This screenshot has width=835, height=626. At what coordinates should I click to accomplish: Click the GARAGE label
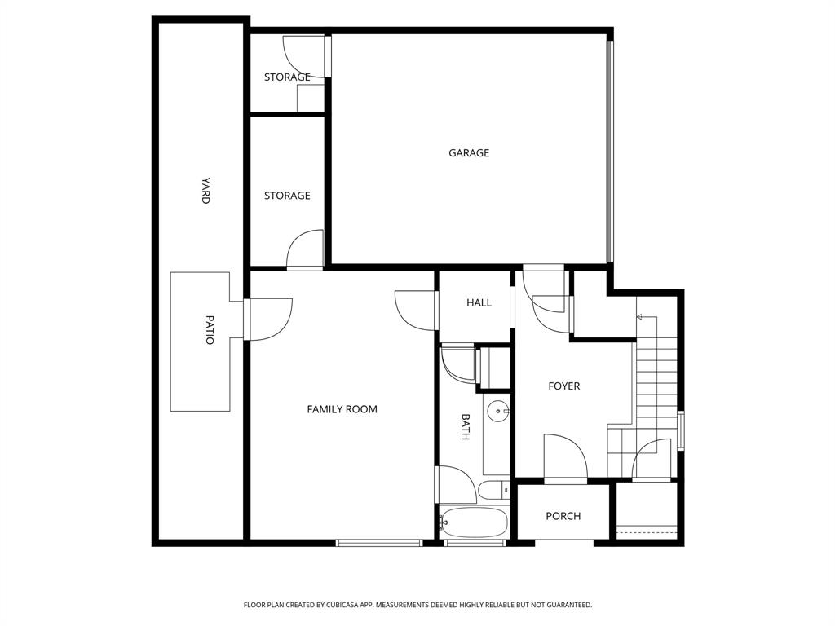click(x=469, y=153)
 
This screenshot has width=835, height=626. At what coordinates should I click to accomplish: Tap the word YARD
click(x=206, y=190)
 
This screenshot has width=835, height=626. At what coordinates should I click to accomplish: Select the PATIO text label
click(x=210, y=329)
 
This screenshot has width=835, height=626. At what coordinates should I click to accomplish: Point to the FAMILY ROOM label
click(x=342, y=409)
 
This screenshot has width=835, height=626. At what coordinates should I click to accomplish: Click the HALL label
click(x=479, y=302)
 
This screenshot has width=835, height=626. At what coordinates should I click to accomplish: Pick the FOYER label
click(x=563, y=386)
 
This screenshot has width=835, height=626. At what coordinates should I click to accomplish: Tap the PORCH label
click(x=563, y=516)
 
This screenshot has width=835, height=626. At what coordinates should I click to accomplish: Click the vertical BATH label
click(x=466, y=427)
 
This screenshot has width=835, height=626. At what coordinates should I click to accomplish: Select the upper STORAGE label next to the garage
click(x=287, y=77)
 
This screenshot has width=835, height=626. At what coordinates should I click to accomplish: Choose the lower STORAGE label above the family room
click(x=287, y=196)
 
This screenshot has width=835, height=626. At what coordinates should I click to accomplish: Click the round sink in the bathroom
click(x=497, y=412)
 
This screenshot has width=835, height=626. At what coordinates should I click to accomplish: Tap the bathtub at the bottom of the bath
click(x=475, y=522)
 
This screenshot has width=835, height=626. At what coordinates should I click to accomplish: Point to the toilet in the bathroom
click(x=492, y=490)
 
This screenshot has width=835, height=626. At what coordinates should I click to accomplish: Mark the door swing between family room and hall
click(x=417, y=310)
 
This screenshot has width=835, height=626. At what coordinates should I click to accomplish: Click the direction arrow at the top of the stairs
click(x=641, y=317)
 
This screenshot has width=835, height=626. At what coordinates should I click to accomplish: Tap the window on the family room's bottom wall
click(x=378, y=542)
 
